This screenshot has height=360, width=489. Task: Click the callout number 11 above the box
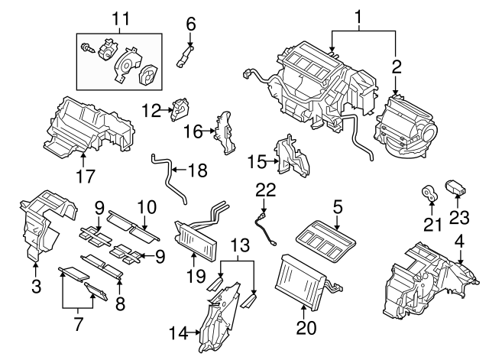(x=118, y=18)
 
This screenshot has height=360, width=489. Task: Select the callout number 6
(x=191, y=23)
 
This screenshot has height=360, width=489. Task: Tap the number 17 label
(x=86, y=177)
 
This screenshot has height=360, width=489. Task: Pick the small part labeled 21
(x=430, y=194)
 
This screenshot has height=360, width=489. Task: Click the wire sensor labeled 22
(x=267, y=228)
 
